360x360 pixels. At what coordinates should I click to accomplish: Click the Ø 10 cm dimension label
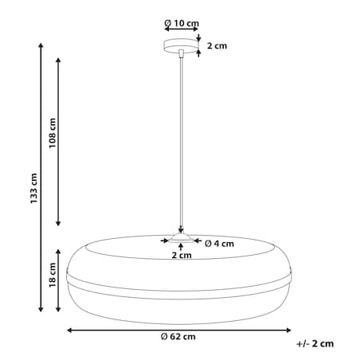pyautogui.click(x=182, y=23)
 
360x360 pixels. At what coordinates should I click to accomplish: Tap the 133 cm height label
pyautogui.click(x=33, y=189)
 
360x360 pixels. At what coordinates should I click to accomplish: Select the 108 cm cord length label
pyautogui.click(x=53, y=133)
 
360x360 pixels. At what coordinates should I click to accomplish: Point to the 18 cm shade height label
pyautogui.click(x=53, y=275)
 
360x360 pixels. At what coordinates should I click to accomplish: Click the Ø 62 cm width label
pyautogui.click(x=178, y=337)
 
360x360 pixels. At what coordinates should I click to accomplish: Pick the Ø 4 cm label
pyautogui.click(x=219, y=244)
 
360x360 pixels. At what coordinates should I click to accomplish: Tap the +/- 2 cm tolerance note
pyautogui.click(x=315, y=343)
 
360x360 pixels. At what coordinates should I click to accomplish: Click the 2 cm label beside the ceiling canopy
pyautogui.click(x=217, y=45)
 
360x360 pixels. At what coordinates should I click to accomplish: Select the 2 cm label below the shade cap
pyautogui.click(x=182, y=255)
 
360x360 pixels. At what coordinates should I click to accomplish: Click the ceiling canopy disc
pyautogui.click(x=181, y=45)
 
